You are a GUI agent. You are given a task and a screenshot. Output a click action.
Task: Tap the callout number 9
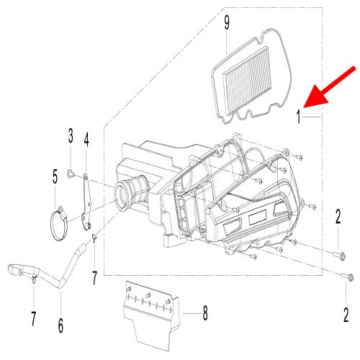tap(227, 23)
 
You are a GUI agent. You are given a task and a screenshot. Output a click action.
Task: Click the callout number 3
tap(71, 135)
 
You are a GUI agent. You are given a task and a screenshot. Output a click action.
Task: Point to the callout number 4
tap(86, 139)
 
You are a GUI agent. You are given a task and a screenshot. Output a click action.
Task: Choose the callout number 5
tap(54, 175)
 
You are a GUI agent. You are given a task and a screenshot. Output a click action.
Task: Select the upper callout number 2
tap(338, 215)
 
